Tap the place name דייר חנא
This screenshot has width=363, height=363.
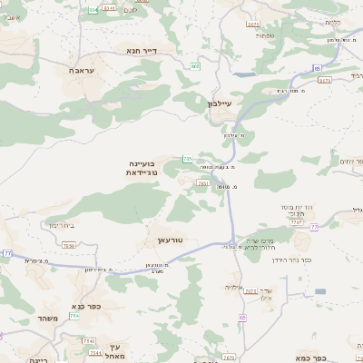144,51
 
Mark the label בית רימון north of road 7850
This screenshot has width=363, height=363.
55,225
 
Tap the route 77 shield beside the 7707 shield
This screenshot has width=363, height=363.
314,226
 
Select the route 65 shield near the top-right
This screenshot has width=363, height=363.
317,68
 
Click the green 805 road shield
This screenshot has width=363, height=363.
195,66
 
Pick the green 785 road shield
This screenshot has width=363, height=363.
187,159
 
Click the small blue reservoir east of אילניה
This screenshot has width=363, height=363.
319,291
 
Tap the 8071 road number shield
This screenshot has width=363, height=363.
253,25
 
